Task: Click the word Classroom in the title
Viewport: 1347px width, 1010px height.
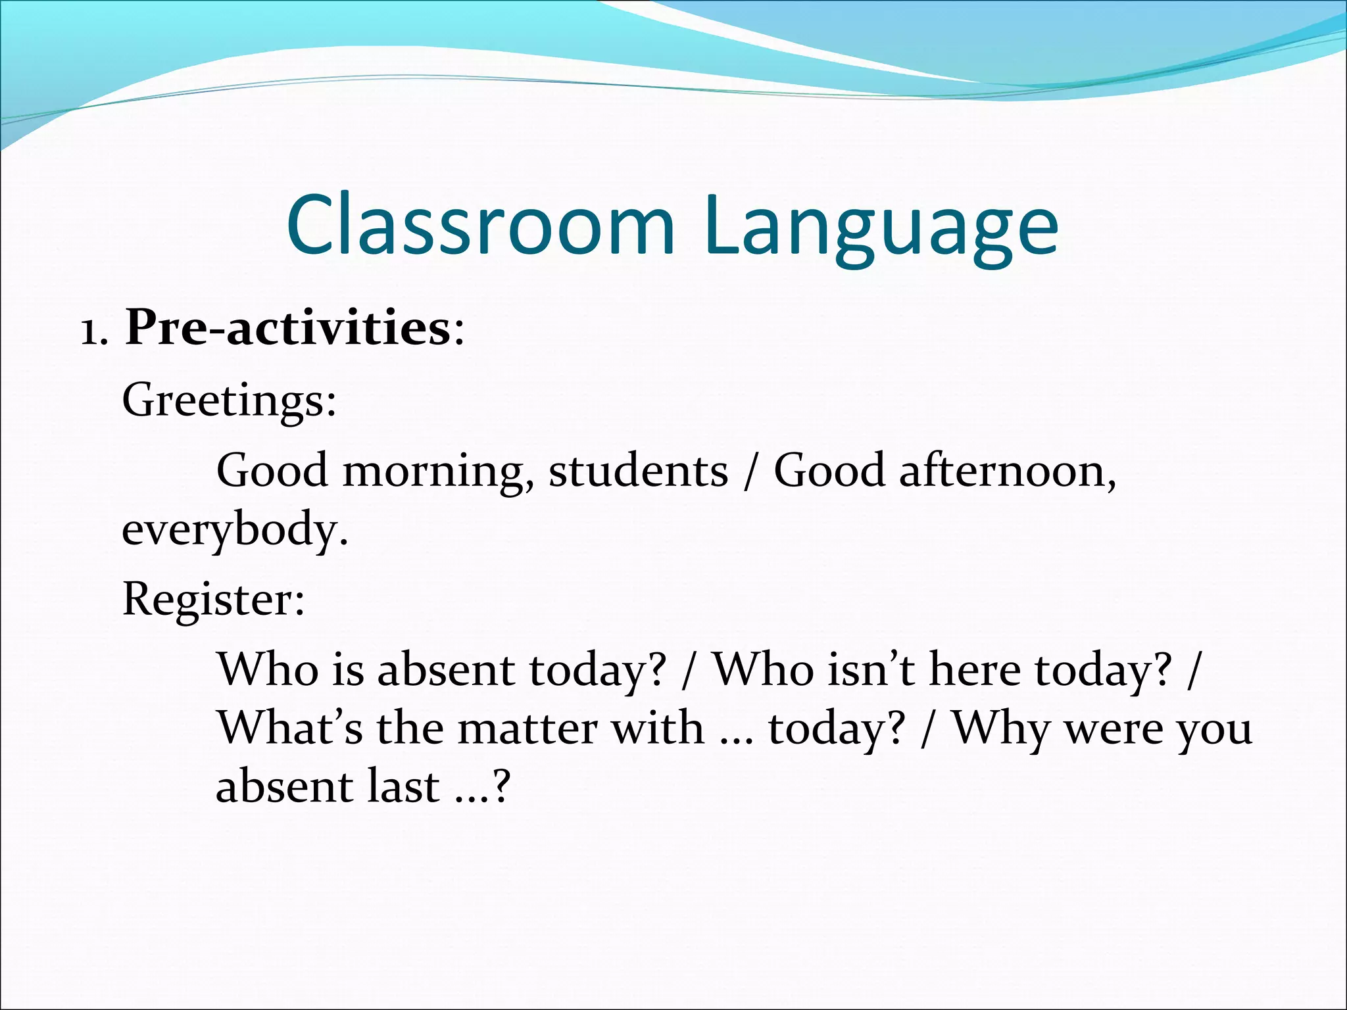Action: coord(481,225)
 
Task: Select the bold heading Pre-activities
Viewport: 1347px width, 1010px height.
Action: coord(287,327)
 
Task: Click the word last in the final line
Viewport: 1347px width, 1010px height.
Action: coord(403,786)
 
